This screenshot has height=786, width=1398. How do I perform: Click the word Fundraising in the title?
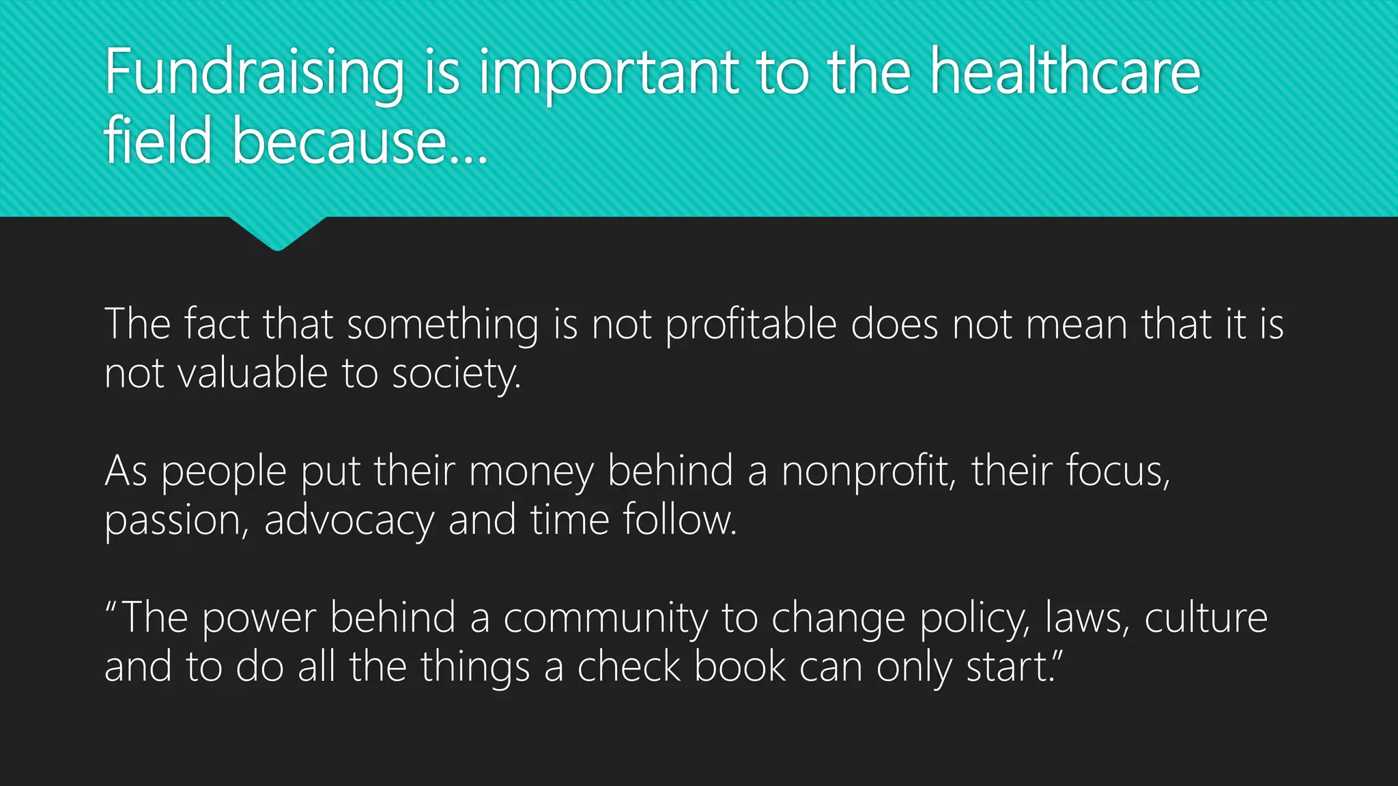click(x=255, y=74)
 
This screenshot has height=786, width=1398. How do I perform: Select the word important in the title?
click(x=608, y=74)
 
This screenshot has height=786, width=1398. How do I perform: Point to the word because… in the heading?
click(x=360, y=141)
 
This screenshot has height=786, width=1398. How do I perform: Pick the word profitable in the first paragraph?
click(x=751, y=325)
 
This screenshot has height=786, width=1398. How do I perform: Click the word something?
click(x=443, y=325)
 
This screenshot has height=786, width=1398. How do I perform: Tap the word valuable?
click(x=253, y=373)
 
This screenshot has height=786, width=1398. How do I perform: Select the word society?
click(x=456, y=375)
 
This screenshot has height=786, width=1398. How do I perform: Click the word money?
click(x=531, y=471)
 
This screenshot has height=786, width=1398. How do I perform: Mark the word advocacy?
click(x=349, y=521)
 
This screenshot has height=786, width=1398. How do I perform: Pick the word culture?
click(x=1206, y=617)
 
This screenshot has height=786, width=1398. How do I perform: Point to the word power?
click(x=259, y=619)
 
